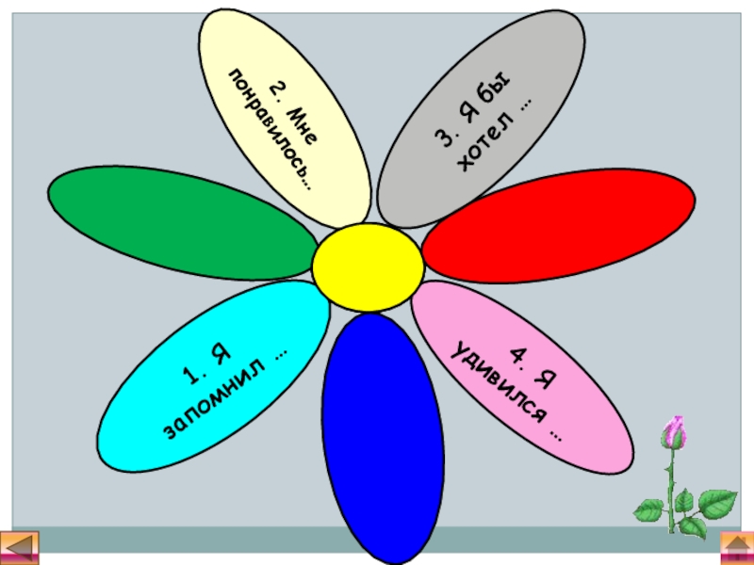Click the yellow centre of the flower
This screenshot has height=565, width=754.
(x=368, y=267)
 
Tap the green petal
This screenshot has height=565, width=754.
(x=179, y=222)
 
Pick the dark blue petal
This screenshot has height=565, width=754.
(x=382, y=433)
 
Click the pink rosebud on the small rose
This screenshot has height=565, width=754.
(x=673, y=434)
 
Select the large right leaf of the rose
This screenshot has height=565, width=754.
(x=716, y=502)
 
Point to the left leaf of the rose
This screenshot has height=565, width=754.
(x=649, y=509)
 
